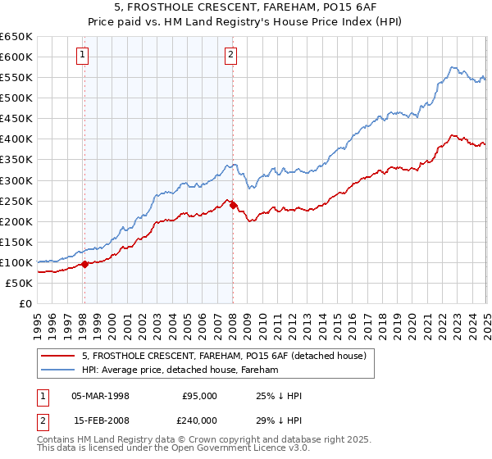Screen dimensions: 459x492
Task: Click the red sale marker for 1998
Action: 84,264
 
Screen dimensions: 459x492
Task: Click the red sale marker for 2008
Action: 233,205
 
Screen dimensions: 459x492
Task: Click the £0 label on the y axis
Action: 25,304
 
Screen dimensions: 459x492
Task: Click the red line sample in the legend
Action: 59,355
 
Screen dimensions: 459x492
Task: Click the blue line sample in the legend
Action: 59,370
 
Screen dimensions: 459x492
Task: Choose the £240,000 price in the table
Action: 199,420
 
